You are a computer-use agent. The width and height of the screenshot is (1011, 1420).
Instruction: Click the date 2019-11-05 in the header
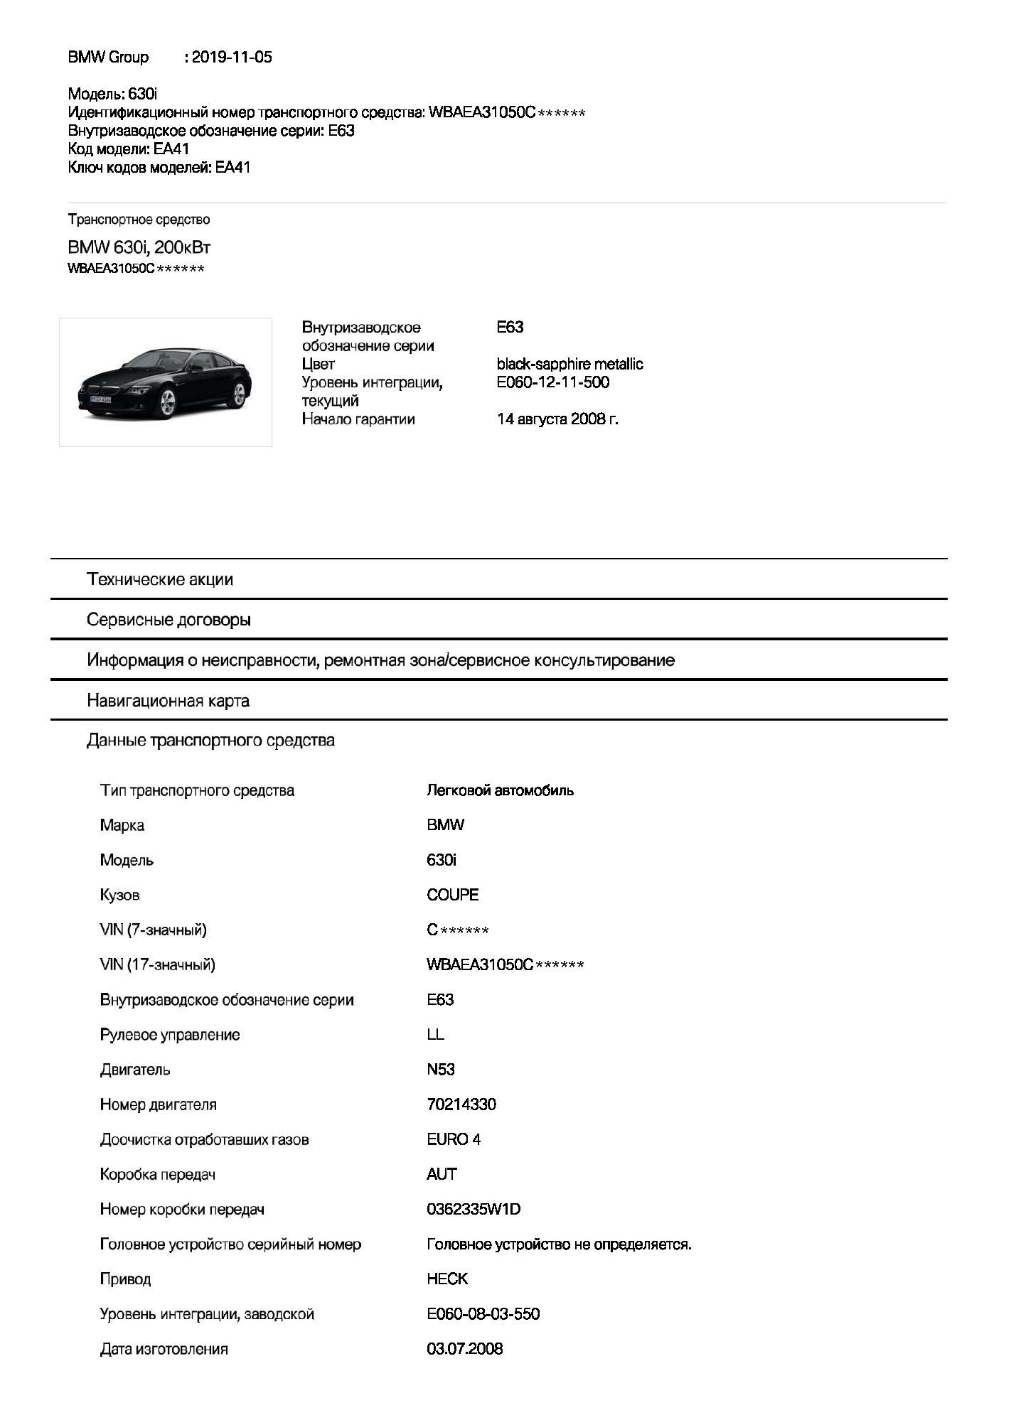(x=232, y=58)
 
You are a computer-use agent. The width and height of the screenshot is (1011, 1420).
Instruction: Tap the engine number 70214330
(x=461, y=1104)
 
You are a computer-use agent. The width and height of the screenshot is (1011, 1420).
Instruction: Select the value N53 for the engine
(x=441, y=1070)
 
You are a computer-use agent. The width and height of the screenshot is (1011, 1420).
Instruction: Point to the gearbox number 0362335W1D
(x=474, y=1209)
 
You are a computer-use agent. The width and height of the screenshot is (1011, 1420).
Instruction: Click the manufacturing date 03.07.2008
(x=464, y=1349)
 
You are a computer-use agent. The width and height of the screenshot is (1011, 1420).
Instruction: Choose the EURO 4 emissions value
(x=454, y=1139)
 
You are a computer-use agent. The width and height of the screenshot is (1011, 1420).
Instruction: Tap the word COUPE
(x=453, y=895)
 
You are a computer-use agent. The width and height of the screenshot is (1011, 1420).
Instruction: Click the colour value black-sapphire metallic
(x=569, y=364)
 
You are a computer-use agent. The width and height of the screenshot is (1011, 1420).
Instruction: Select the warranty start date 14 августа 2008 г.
(x=557, y=419)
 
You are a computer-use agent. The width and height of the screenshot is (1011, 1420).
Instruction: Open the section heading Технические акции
(x=160, y=579)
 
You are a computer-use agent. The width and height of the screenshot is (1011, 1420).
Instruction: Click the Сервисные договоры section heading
(x=168, y=620)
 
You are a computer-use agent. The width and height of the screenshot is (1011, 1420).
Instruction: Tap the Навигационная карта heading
(x=168, y=701)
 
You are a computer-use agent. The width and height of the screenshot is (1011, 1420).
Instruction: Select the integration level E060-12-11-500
(x=553, y=382)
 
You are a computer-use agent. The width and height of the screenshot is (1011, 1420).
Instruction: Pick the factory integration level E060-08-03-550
(x=483, y=1314)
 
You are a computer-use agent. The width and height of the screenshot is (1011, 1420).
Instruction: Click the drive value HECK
(x=447, y=1279)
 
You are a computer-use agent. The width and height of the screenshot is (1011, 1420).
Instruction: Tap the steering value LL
(x=435, y=1035)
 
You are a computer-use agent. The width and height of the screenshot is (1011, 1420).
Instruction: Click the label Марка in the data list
(x=122, y=825)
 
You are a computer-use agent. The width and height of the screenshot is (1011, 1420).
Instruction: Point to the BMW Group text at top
(x=108, y=58)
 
